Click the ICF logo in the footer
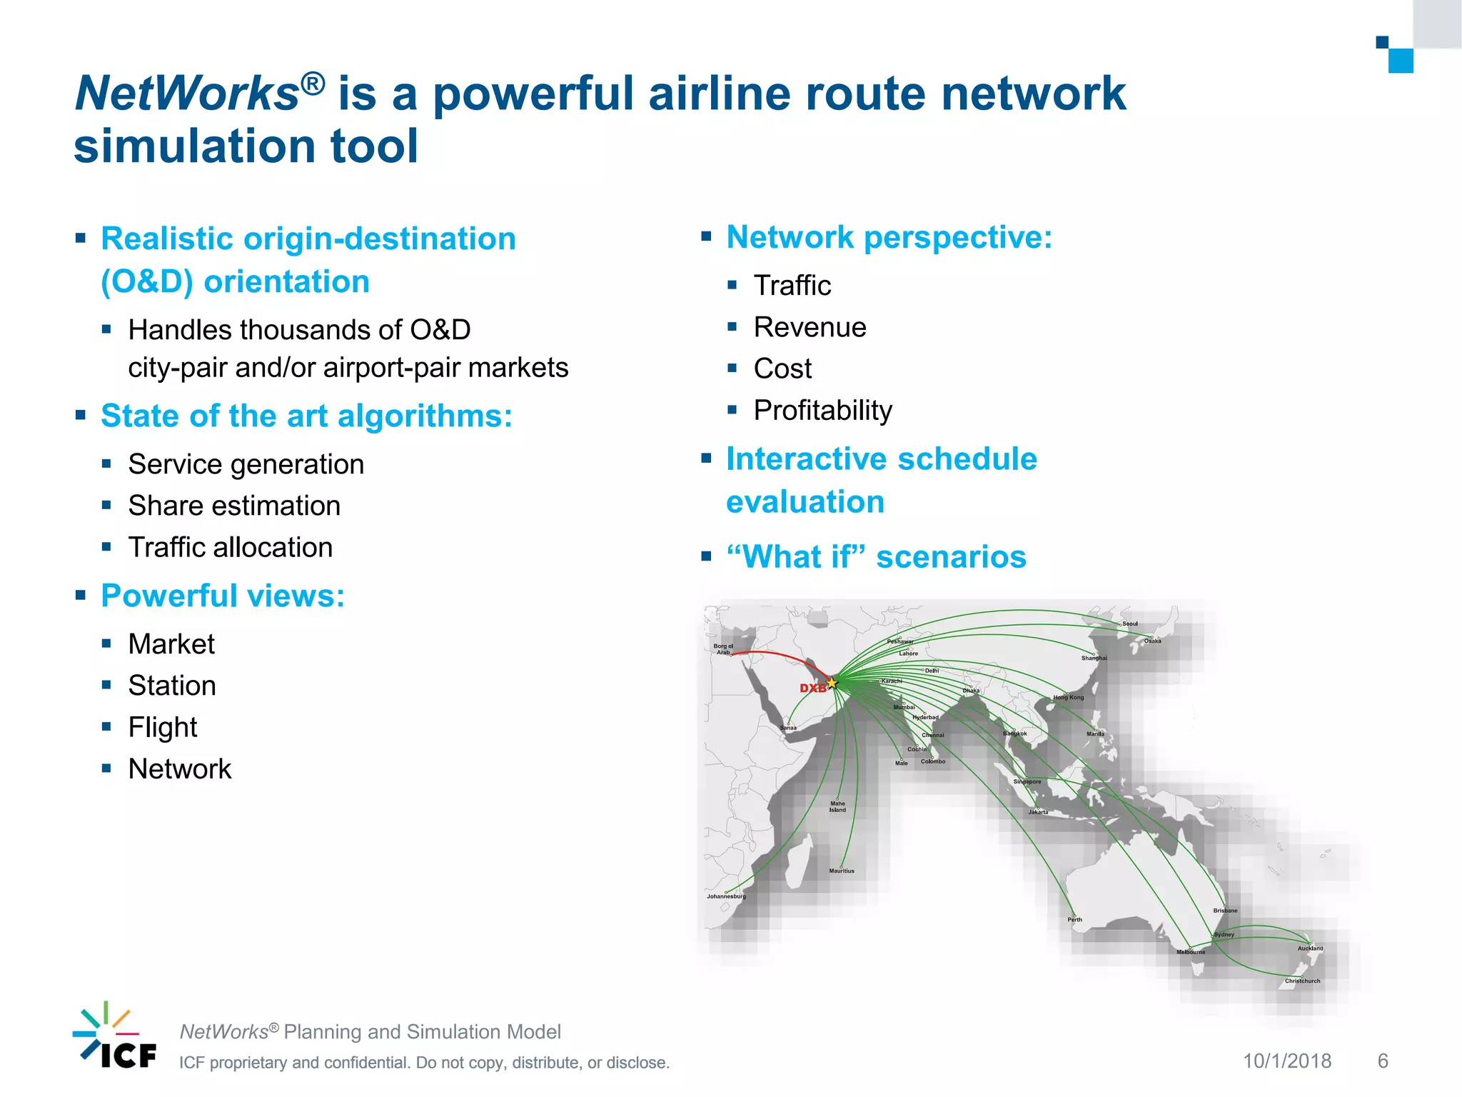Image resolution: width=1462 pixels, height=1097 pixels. [115, 1036]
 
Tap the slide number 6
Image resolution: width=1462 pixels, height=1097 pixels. [1383, 1061]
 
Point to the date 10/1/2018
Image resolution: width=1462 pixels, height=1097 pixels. [1287, 1061]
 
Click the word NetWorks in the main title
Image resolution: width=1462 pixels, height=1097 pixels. [188, 94]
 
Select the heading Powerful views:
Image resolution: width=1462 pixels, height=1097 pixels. [223, 596]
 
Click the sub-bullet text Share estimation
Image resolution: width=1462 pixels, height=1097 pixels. [234, 506]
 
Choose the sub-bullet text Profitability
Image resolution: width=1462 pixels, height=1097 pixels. [822, 411]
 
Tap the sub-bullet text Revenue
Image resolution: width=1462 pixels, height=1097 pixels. [810, 327]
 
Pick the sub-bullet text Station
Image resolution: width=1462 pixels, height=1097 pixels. [172, 686]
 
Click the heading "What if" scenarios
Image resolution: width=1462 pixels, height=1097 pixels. [876, 557]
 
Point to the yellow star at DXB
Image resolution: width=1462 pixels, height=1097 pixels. [832, 683]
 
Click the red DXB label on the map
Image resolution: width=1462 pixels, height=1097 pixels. [812, 688]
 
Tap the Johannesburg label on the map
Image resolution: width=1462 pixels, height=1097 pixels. [726, 896]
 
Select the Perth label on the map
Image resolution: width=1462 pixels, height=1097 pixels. [1074, 920]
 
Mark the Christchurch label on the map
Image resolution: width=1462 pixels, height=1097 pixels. [1302, 981]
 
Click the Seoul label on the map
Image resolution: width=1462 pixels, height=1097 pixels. [1130, 624]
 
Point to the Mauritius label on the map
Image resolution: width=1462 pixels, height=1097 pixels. [842, 871]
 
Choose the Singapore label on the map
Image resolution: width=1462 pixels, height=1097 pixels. [1027, 782]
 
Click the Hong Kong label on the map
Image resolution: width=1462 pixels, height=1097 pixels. [1069, 698]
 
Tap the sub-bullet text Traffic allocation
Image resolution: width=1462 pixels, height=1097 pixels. [230, 548]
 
